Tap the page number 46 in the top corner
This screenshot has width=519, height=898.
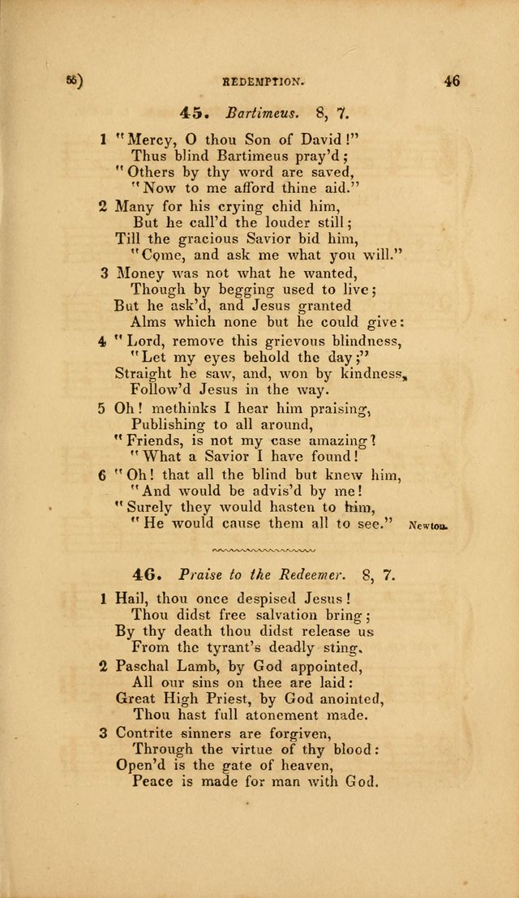(x=452, y=80)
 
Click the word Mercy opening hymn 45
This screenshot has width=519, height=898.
(x=143, y=139)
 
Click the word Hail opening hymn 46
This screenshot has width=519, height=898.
(x=133, y=599)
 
